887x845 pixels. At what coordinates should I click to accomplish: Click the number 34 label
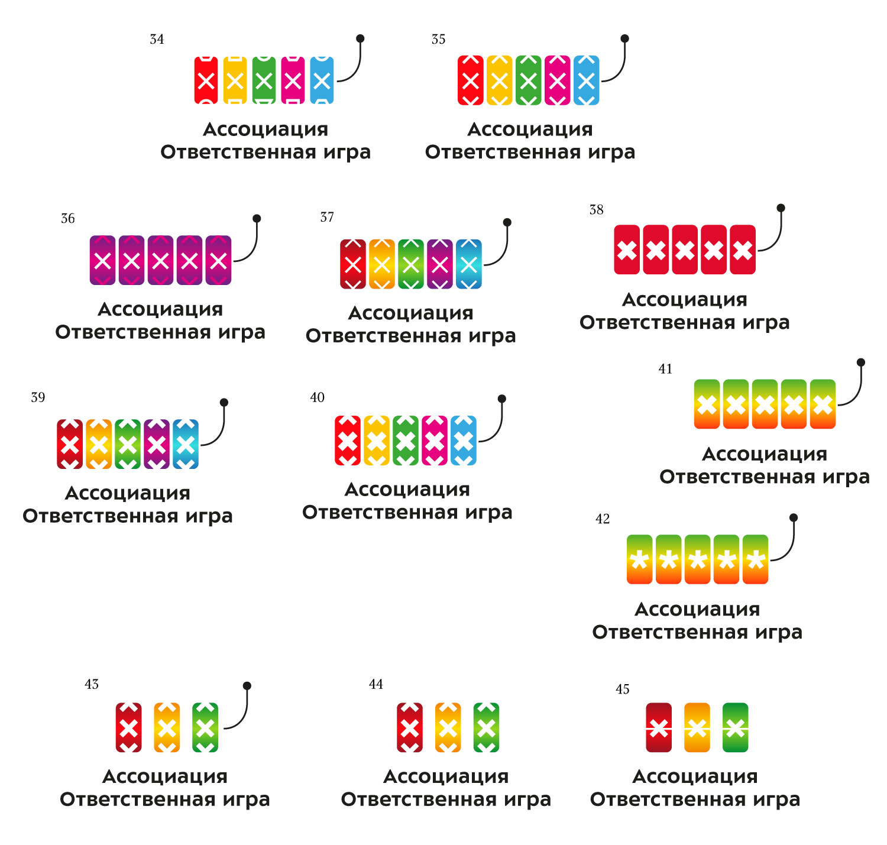pos(157,40)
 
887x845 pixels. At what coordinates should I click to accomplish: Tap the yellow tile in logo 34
pos(235,80)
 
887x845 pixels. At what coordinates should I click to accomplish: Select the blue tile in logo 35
pos(586,80)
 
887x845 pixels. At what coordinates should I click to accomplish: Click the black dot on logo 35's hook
pos(624,38)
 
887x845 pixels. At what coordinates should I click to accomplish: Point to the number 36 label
pos(68,219)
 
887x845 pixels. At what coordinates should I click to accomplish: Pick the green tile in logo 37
pos(410,264)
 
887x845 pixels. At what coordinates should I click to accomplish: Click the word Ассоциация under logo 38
pos(684,300)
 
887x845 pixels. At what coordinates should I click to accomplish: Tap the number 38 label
pos(596,210)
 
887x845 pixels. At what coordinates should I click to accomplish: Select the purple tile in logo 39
pos(156,444)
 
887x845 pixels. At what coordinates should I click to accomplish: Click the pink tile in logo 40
pos(434,441)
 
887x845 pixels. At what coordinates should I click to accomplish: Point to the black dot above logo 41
pos(861,362)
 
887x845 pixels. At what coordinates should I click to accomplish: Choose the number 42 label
pos(603,519)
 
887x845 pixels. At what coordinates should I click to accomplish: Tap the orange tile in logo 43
pos(167,727)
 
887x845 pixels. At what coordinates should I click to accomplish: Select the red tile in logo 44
pos(410,727)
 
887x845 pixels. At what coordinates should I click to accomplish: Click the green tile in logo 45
pos(735,727)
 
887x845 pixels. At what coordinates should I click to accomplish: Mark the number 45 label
pos(622,689)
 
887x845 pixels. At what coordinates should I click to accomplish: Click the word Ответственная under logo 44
pos(418,799)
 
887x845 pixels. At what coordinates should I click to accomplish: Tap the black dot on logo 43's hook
pos(247,686)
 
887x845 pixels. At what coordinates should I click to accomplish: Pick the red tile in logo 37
pos(353,264)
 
